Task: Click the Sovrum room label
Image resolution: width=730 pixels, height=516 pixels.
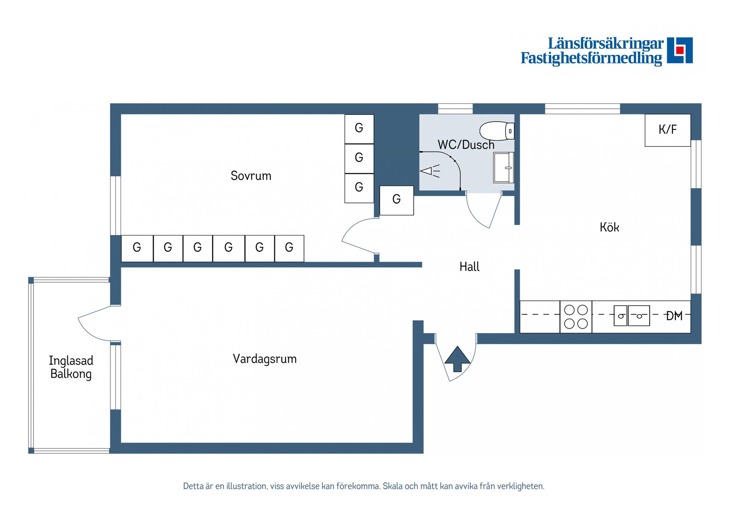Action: click(x=251, y=176)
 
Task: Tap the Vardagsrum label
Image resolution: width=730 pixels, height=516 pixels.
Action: click(x=265, y=359)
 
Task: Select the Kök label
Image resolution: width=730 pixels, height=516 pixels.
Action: click(x=609, y=227)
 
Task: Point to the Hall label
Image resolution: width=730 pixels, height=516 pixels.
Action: click(x=469, y=267)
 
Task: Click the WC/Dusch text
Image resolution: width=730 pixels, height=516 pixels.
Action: click(x=466, y=145)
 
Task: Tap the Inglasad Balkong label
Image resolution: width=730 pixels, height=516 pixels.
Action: click(x=71, y=367)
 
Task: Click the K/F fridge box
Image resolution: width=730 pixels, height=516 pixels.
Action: click(x=668, y=130)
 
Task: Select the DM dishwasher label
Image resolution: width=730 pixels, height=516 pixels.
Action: click(x=674, y=316)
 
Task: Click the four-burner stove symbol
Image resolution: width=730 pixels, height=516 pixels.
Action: click(x=576, y=317)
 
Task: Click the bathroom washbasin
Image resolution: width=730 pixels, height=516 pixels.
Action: click(x=503, y=168)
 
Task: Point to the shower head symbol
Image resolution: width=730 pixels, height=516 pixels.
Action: click(x=429, y=171)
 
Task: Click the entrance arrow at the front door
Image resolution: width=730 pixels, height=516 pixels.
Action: click(x=457, y=359)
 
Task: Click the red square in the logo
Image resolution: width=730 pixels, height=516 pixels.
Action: click(x=680, y=50)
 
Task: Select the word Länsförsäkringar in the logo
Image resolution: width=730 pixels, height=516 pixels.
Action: click(x=605, y=43)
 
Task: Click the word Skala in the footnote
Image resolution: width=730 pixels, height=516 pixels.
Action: click(x=392, y=486)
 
